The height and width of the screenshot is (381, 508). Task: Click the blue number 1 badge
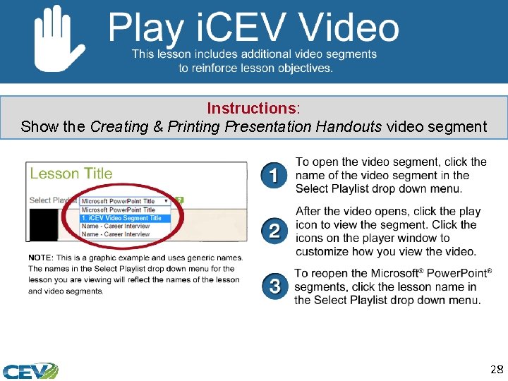tap(274, 175)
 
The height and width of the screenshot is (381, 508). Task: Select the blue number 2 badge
tap(274, 231)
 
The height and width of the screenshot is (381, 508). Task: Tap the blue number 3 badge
tap(274, 286)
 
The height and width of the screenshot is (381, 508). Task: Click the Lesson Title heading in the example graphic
tap(71, 174)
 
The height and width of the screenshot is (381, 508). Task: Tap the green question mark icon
tap(179, 200)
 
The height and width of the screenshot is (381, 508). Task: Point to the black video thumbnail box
tap(43, 225)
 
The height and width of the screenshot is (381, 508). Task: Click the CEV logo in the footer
tap(30, 370)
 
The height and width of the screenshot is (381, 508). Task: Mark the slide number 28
tap(495, 369)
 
